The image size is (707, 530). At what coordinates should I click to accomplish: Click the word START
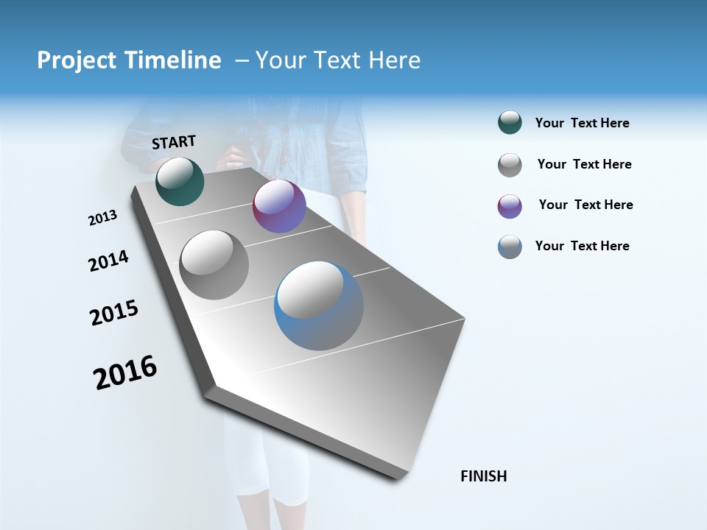174,142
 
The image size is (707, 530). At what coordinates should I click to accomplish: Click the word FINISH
484,476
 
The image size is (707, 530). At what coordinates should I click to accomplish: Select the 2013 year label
103,218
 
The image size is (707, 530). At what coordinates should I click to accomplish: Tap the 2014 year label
108,261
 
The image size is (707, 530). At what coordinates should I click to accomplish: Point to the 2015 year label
114,313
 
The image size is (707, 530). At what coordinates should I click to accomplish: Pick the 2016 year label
125,372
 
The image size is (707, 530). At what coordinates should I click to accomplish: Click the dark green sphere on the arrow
180,181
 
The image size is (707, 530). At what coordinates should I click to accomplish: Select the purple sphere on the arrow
279,206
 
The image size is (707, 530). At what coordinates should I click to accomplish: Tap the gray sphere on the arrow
214,265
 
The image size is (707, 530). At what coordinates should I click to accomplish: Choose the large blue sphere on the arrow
319,305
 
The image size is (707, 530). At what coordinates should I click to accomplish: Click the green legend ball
510,123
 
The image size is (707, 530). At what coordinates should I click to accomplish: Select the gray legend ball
510,165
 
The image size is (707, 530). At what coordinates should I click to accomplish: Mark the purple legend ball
510,206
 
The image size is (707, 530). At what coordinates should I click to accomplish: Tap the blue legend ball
510,247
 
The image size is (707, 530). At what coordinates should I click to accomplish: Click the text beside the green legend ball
582,124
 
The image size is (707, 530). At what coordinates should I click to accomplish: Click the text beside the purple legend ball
585,205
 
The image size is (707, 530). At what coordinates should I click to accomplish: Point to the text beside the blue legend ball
582,246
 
